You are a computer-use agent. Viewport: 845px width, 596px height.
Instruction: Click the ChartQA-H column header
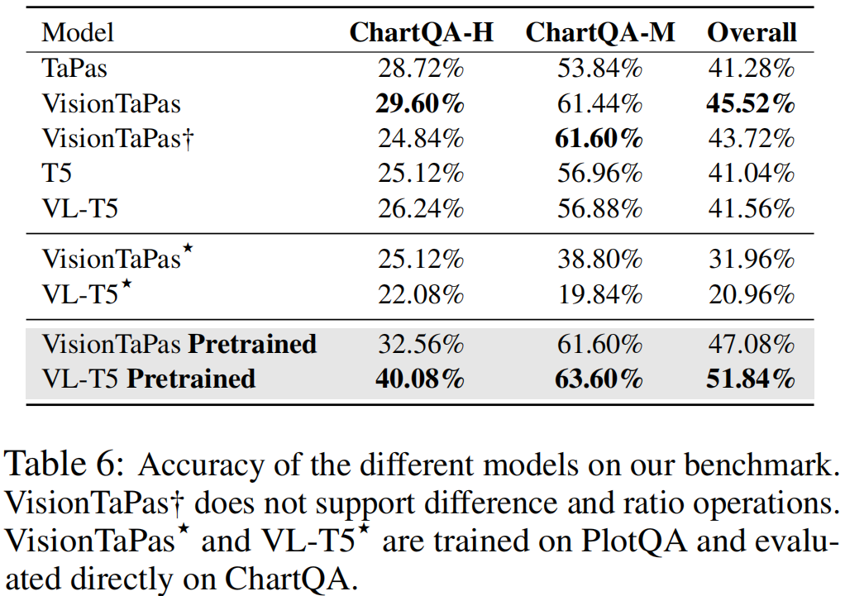(421, 32)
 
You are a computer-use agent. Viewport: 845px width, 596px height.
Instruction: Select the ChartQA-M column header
(600, 32)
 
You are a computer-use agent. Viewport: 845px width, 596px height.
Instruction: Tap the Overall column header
(752, 32)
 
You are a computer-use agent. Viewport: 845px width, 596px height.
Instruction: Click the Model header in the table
(78, 33)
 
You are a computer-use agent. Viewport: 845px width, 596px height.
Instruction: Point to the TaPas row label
(74, 68)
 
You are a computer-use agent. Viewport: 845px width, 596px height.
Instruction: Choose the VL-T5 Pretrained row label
(149, 379)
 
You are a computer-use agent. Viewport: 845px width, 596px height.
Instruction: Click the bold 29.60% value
(420, 103)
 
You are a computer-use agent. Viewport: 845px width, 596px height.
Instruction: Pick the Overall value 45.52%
(751, 103)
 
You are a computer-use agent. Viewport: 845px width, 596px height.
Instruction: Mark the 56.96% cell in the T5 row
(599, 174)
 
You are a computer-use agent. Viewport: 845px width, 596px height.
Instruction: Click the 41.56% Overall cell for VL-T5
(751, 208)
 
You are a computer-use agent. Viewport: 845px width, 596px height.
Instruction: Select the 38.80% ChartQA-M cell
(599, 260)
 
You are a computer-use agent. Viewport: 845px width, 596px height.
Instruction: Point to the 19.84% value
(599, 294)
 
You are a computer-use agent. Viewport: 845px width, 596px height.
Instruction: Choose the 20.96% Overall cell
(751, 294)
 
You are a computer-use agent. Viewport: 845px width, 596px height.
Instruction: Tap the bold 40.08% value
(420, 379)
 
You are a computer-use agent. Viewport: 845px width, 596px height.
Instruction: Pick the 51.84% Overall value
(751, 379)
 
